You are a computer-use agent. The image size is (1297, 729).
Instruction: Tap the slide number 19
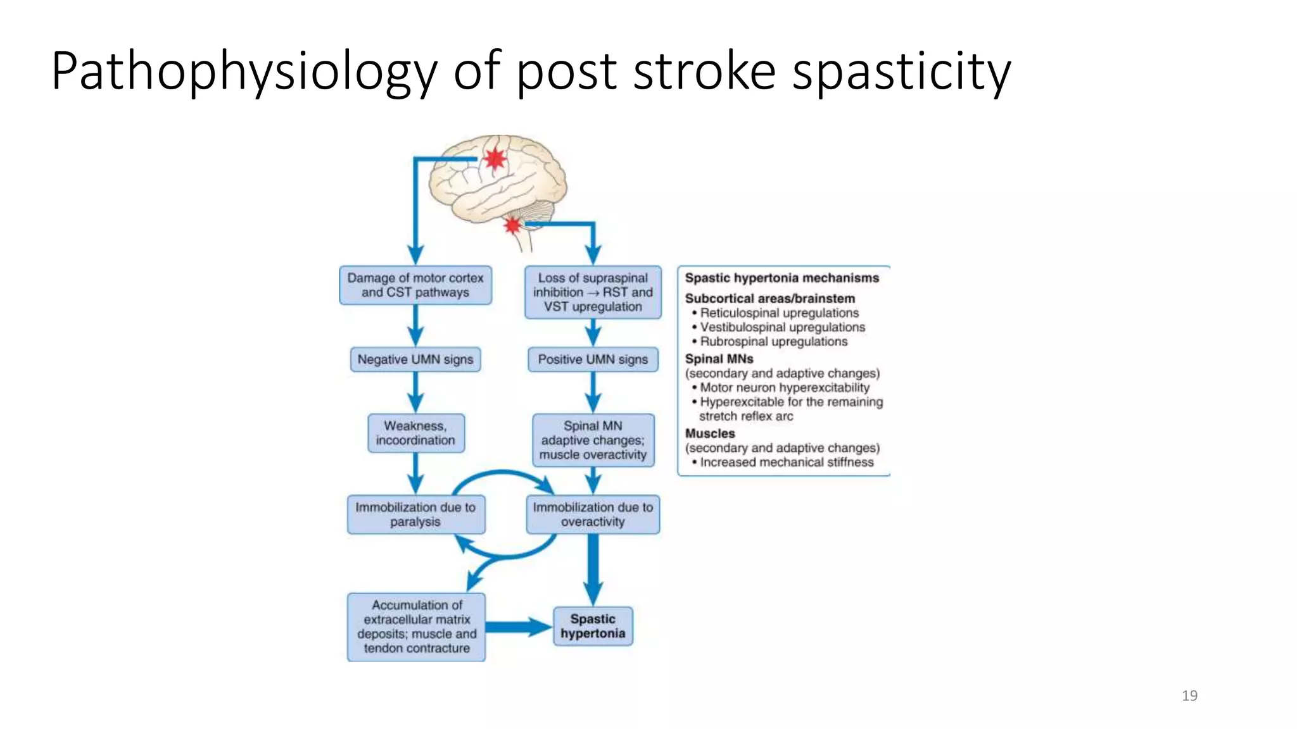click(1189, 695)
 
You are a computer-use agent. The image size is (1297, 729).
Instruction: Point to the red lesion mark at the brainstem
click(512, 225)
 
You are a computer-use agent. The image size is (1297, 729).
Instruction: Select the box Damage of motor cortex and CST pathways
click(415, 285)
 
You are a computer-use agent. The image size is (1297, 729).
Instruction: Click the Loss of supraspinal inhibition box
click(593, 292)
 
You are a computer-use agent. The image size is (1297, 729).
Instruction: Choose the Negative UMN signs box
click(415, 359)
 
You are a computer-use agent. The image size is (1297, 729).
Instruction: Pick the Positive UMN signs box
click(593, 359)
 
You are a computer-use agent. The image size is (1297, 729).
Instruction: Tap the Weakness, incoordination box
click(415, 433)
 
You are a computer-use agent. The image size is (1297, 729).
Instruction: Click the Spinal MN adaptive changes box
click(593, 440)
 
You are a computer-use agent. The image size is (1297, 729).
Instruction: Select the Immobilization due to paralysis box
click(415, 514)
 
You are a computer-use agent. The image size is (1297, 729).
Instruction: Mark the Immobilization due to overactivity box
click(593, 514)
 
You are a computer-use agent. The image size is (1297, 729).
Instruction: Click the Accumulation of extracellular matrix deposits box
click(416, 626)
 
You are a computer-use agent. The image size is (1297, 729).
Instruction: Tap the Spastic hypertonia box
click(593, 626)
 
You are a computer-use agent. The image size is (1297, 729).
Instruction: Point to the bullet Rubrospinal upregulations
click(773, 342)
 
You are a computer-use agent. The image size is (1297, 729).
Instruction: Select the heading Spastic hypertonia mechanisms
click(781, 278)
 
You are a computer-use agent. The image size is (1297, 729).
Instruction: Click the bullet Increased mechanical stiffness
click(786, 463)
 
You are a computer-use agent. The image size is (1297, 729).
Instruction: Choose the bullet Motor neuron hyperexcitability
click(784, 388)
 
